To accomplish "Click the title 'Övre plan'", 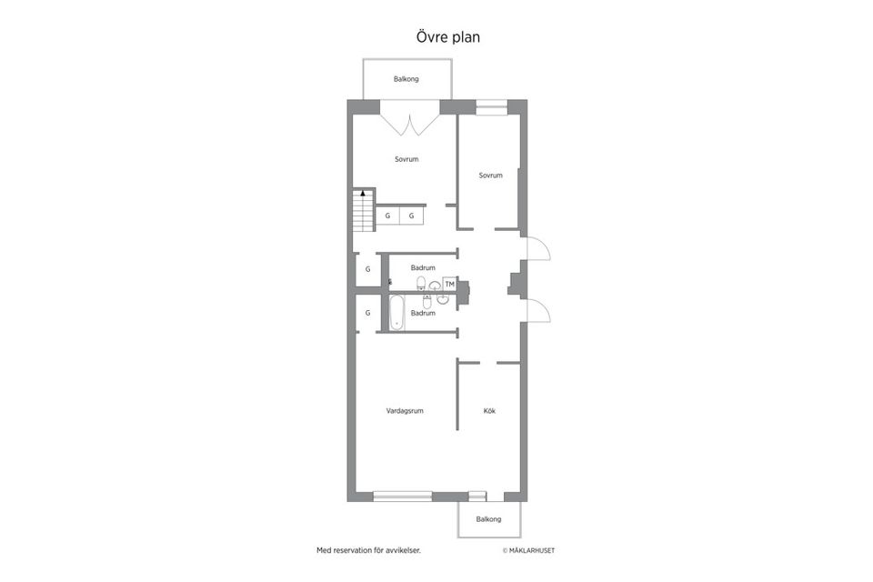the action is (x=448, y=37).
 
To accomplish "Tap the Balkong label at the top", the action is (x=406, y=79).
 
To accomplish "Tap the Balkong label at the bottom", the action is (x=488, y=519).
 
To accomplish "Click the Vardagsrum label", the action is (x=405, y=411).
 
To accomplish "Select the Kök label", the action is (x=489, y=411).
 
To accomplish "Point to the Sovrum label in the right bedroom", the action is (x=490, y=176).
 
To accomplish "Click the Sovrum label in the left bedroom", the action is (x=406, y=159).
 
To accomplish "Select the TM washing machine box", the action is (x=450, y=284).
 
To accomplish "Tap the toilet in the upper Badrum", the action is (x=421, y=283).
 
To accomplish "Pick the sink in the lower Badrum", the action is (x=443, y=300).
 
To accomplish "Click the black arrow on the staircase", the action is (x=363, y=194).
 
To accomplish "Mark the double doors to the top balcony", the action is (x=410, y=125).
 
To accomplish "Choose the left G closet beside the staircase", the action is (x=387, y=216).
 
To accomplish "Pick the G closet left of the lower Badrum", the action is (x=367, y=313).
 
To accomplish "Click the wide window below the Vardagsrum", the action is (x=403, y=497).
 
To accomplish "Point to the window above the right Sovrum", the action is (x=492, y=107).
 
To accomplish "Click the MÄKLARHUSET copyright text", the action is (x=528, y=551).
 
